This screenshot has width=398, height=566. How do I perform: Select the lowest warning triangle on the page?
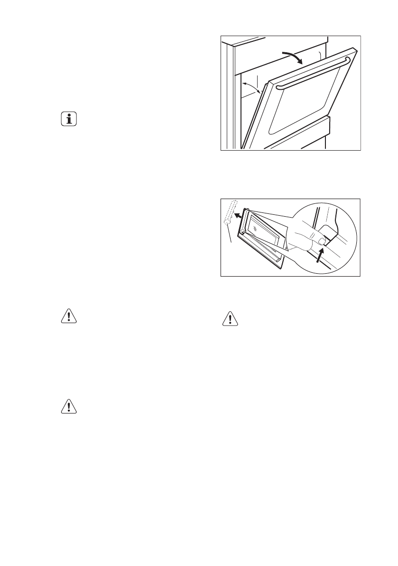[69, 407]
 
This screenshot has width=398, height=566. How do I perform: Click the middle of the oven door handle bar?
[313, 73]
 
